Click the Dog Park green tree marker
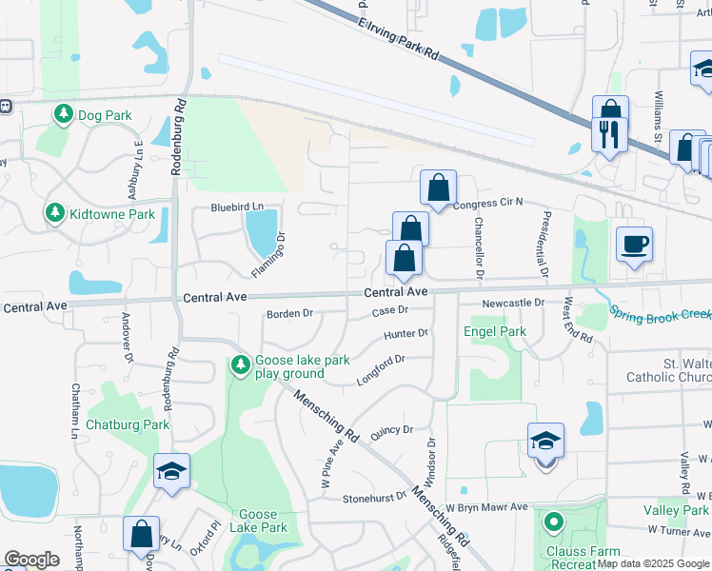64,115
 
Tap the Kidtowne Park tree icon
55,213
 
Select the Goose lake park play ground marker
240,364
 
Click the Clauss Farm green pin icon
553,522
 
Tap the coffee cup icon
634,246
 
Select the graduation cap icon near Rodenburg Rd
171,471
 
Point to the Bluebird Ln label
235,207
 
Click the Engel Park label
494,332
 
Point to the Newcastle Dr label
512,303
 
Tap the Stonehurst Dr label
374,498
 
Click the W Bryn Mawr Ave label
486,507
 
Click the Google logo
31,560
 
